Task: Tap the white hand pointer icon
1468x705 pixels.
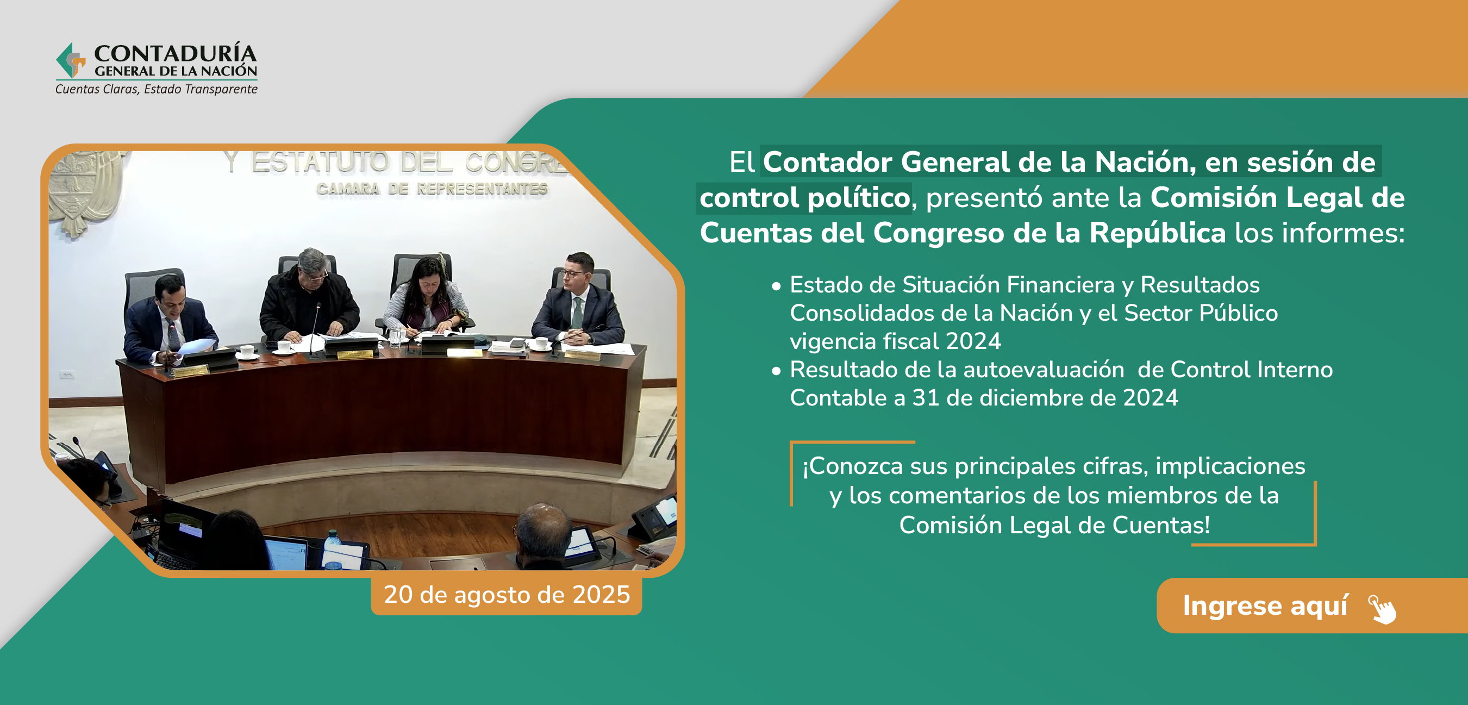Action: [1383, 609]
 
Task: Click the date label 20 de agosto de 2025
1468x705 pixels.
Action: [507, 595]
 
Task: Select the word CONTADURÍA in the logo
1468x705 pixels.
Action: [175, 53]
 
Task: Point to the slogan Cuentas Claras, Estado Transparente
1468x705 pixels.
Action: [156, 89]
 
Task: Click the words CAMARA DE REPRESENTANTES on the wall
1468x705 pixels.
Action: [432, 189]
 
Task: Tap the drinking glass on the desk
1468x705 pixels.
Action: [395, 337]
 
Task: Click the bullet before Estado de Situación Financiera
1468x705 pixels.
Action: [776, 286]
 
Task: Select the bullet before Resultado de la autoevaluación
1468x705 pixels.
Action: [776, 371]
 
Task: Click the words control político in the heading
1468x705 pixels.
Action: [804, 198]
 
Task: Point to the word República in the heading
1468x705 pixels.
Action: [1158, 233]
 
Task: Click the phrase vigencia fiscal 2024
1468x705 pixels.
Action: [895, 341]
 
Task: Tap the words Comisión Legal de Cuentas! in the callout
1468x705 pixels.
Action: [1054, 525]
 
